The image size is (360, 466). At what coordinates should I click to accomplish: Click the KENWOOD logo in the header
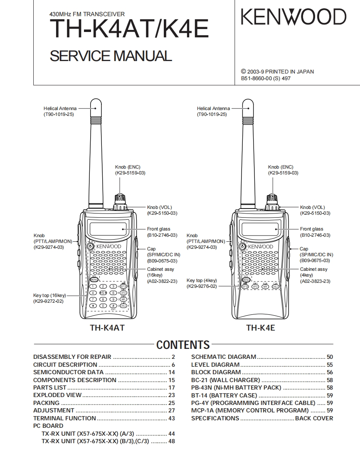coord(293,17)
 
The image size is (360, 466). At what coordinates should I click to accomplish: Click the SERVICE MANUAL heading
coord(111,56)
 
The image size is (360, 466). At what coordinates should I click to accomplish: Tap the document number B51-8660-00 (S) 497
coord(266,78)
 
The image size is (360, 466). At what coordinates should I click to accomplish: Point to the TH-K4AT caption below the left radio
coord(107,328)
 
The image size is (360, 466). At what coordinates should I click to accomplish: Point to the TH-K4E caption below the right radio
coord(260,328)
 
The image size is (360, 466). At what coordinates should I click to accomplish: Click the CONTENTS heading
coord(183,345)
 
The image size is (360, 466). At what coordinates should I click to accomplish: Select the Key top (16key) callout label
coord(49,295)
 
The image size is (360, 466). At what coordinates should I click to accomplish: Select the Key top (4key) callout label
coord(202,280)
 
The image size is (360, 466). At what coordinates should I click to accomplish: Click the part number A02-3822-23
coord(162,281)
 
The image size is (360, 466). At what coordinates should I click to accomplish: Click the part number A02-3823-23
coord(315,281)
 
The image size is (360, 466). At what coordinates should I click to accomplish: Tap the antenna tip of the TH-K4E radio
coord(249,102)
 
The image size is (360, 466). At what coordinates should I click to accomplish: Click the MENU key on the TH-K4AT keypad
coord(94,280)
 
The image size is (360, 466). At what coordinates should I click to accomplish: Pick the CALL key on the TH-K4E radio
coord(275,287)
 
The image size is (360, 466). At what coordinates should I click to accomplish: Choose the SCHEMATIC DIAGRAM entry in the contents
coord(224,357)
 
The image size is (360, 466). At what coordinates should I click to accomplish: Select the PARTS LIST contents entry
coord(50,388)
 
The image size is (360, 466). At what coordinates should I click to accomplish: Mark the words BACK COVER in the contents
coord(314,418)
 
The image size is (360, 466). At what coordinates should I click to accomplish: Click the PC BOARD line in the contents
coord(48,426)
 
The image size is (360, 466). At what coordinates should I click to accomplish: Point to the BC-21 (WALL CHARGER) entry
coord(225,380)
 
